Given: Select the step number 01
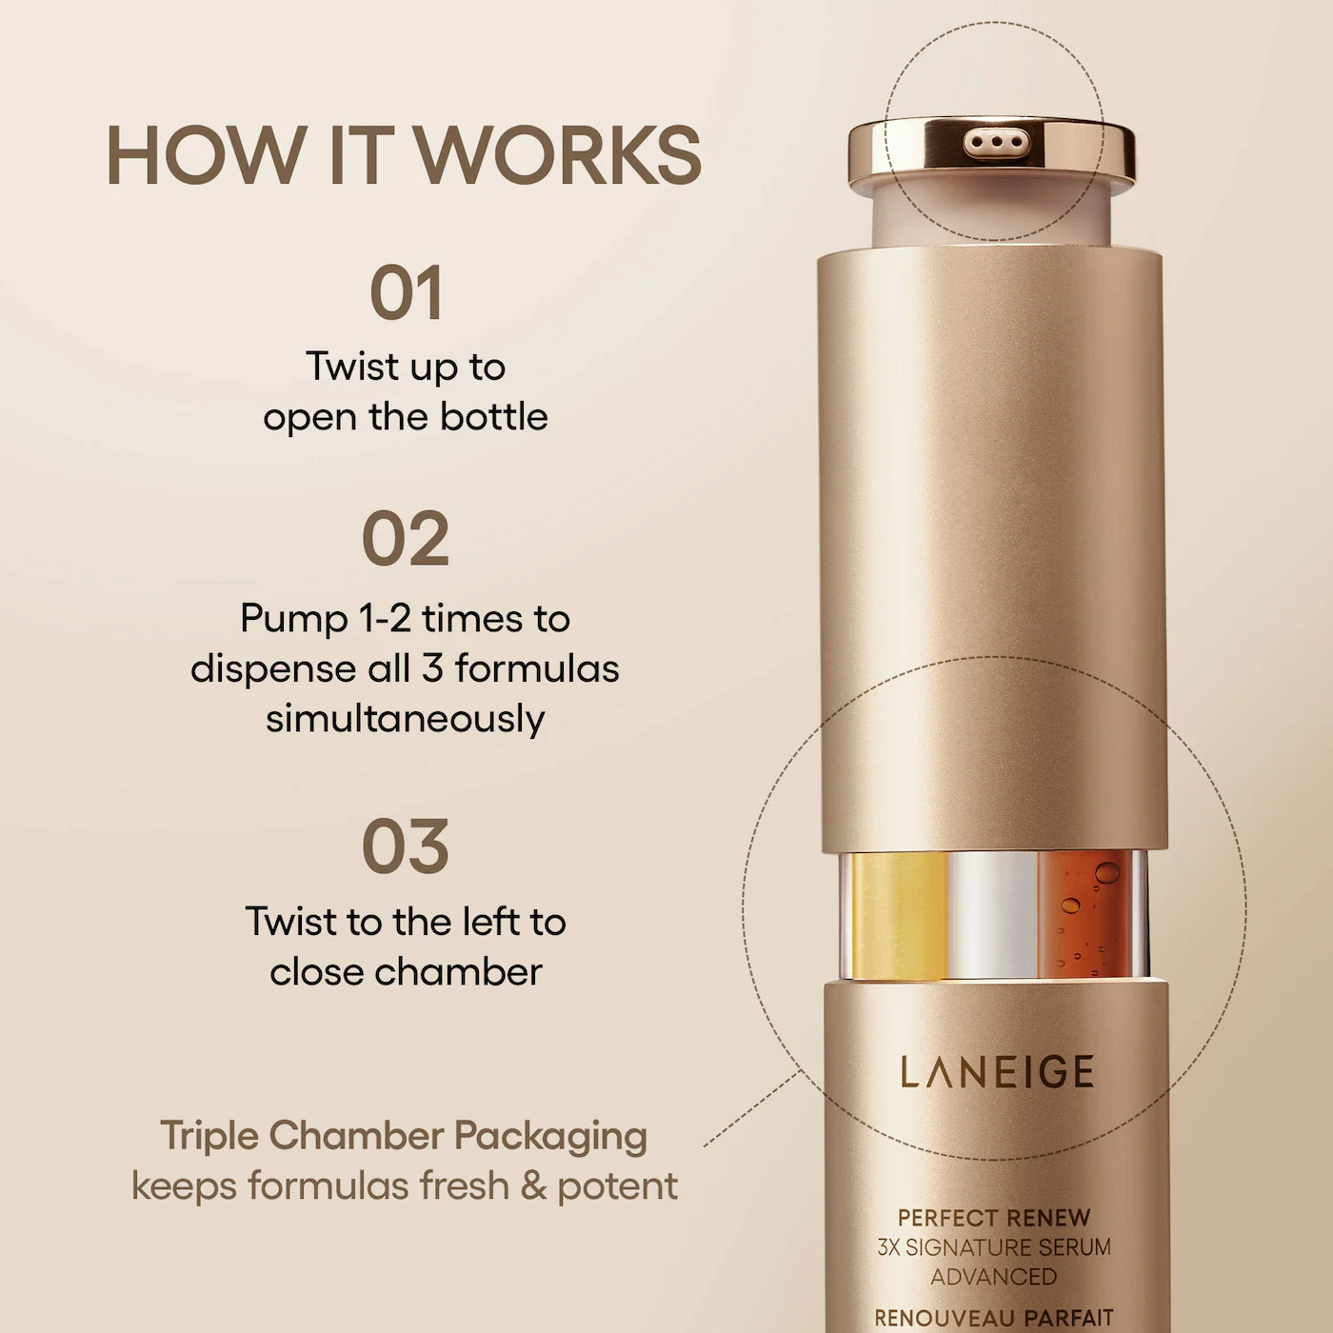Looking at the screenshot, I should coord(407,294).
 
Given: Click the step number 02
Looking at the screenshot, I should coord(406,540).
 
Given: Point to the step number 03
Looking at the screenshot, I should coord(406,847).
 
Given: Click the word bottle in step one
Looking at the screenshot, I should coord(493,417).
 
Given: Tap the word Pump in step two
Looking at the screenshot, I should coord(294,619).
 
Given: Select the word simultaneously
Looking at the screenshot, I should coord(406,719).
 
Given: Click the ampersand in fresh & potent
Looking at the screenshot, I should coord(533,1186).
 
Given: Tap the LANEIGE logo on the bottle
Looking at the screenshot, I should coord(997,1072).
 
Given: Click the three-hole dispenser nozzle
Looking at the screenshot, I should coord(996,144).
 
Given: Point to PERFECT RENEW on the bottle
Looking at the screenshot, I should coord(994,1218).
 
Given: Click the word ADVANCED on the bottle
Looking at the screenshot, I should coord(994,1276).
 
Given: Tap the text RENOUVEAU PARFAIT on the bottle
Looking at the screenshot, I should coord(994,1318).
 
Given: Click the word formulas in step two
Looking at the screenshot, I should coord(537,668).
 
